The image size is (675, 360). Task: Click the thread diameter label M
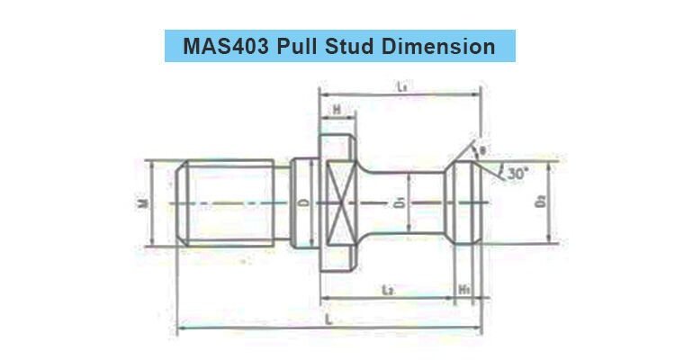(142, 203)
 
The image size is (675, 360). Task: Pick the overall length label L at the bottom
(330, 319)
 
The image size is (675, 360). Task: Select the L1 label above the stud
(402, 86)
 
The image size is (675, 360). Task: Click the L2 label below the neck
(386, 289)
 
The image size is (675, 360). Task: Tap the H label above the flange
(335, 110)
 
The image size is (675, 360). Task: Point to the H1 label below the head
(464, 289)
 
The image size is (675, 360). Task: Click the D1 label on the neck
(396, 203)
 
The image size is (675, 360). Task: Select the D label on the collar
(301, 203)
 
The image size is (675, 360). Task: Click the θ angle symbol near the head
(483, 148)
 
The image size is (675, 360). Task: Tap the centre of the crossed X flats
(341, 204)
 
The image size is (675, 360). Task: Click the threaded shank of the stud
(229, 204)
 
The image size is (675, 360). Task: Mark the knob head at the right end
(466, 204)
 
